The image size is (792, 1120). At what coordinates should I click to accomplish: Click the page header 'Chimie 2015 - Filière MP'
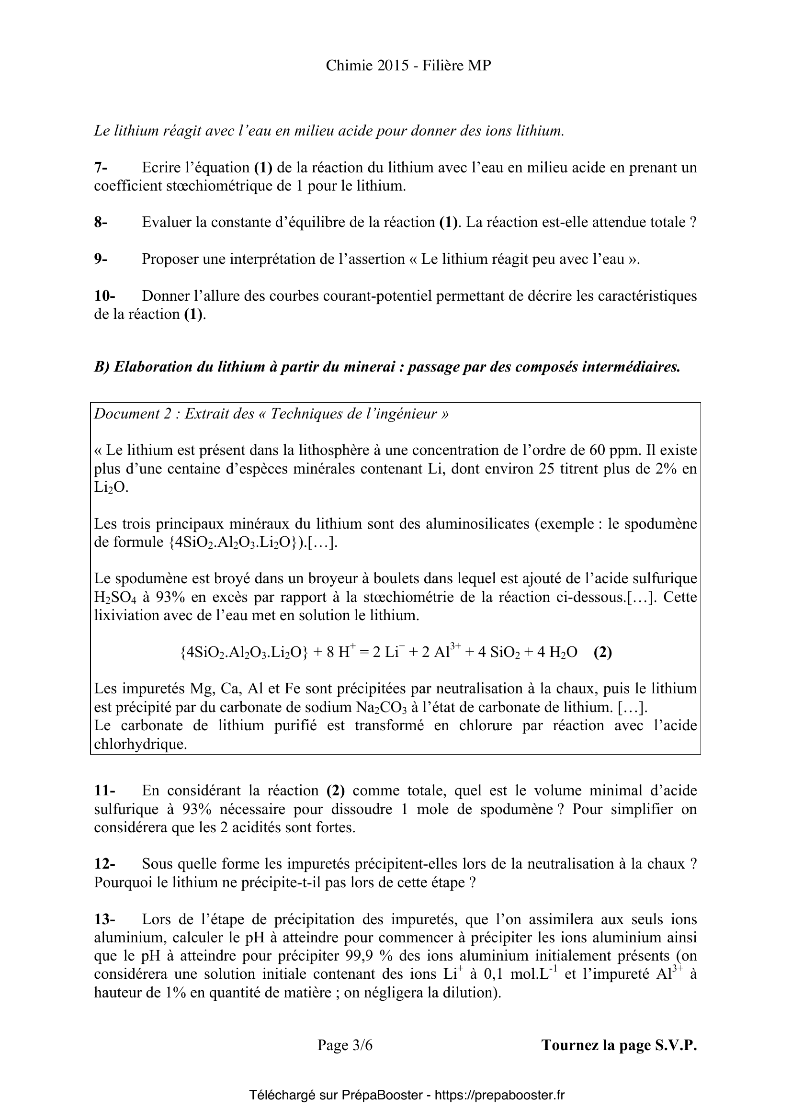tap(408, 66)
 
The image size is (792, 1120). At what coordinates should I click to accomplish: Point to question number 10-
tap(104, 295)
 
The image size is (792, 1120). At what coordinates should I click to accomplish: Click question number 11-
tap(104, 790)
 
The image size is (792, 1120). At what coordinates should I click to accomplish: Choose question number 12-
tap(104, 864)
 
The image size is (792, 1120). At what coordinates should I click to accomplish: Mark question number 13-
tap(104, 919)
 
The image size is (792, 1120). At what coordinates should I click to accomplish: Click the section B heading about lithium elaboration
tap(387, 367)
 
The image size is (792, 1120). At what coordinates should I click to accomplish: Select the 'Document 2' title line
tap(271, 414)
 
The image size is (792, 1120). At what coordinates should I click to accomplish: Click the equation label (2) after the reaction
tap(602, 652)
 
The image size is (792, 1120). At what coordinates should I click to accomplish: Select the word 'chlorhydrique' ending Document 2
tap(141, 744)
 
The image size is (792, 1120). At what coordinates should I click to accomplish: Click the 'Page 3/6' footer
tap(345, 1045)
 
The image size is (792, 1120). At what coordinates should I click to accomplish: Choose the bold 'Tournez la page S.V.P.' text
tap(619, 1045)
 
